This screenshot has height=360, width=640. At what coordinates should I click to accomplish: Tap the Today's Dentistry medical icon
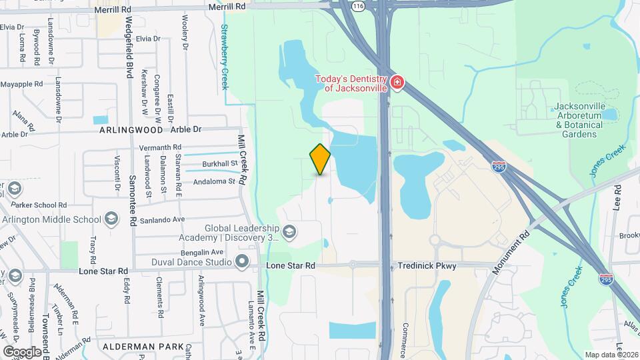[397, 83]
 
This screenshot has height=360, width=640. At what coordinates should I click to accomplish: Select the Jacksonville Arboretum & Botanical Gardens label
[578, 120]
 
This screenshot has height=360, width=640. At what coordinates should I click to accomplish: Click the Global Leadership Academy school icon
[289, 232]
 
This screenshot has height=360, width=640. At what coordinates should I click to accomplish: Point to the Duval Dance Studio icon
[242, 261]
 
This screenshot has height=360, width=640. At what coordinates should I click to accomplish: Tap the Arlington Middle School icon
[111, 219]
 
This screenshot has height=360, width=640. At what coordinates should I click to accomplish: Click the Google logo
[21, 351]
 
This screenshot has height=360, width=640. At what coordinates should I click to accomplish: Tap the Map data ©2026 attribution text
[611, 354]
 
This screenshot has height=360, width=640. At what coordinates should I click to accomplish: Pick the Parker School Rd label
[44, 205]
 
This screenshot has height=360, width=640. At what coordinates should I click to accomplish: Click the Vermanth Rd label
[159, 147]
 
